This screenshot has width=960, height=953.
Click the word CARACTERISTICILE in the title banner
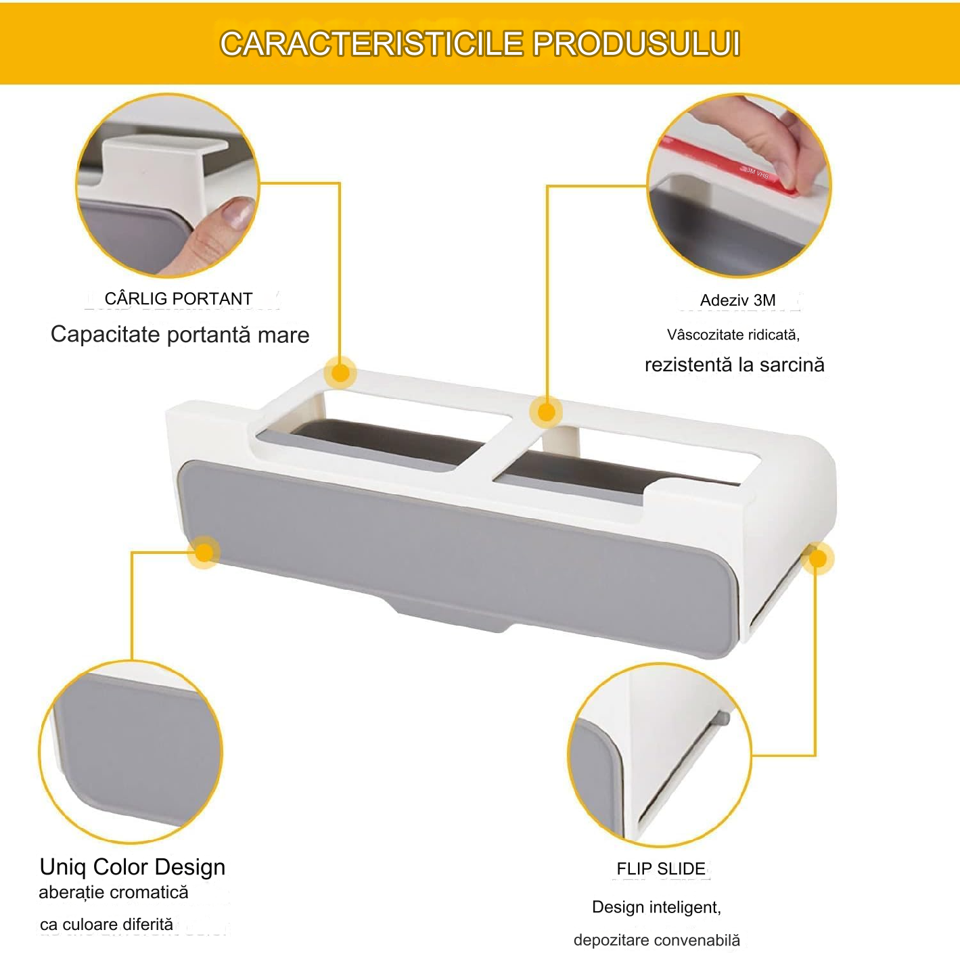[x=371, y=43]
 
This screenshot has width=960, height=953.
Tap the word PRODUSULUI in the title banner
[x=636, y=43]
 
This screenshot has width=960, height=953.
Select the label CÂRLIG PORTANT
[x=179, y=298]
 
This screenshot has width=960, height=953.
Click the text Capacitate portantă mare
[x=180, y=334]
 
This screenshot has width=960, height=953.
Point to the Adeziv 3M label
[x=737, y=300]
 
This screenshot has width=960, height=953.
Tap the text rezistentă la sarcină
[x=734, y=365]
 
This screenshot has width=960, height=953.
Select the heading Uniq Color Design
[x=133, y=867]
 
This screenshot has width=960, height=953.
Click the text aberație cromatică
[x=114, y=892]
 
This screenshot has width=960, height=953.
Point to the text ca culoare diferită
[x=107, y=924]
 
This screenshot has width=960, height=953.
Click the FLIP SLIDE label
[x=660, y=868]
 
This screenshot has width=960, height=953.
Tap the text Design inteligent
[x=657, y=907]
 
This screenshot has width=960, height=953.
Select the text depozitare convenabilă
[x=657, y=940]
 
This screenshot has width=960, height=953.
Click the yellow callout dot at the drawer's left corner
[x=204, y=552]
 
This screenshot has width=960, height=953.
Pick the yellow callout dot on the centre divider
[x=547, y=412]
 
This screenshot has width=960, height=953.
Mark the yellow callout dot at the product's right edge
[x=817, y=559]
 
